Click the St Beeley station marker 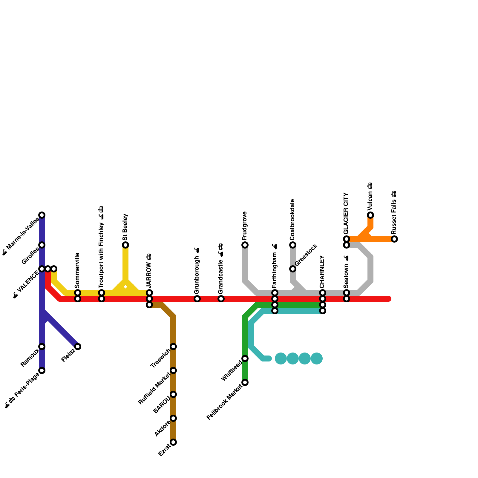tap(125, 245)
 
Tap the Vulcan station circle tap(370, 215)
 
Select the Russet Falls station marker tap(394, 239)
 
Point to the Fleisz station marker tap(78, 347)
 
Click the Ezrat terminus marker tap(173, 442)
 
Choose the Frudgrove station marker tap(245, 245)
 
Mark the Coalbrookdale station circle tap(293, 245)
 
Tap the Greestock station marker tap(293, 269)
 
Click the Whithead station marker tap(245, 358)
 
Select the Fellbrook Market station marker tap(245, 382)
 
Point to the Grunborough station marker tap(197, 299)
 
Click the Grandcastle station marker tap(221, 299)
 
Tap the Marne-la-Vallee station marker tap(42, 215)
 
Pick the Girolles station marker tap(42, 245)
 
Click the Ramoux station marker tap(42, 347)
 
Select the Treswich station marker tap(173, 347)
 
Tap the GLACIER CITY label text tap(346, 213)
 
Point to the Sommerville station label tap(77, 269)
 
